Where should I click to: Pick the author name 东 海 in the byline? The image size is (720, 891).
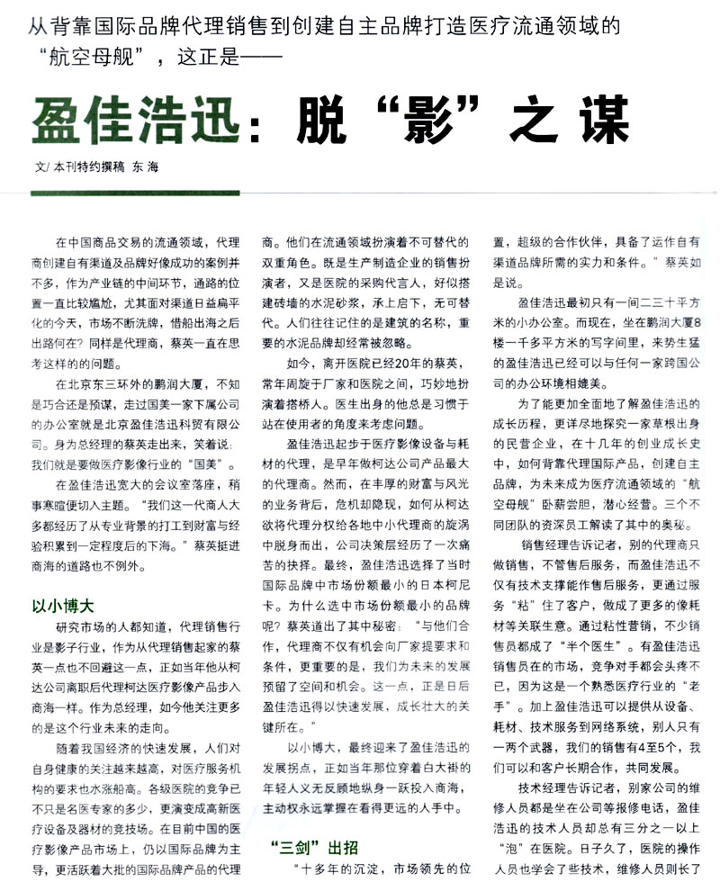145,169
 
